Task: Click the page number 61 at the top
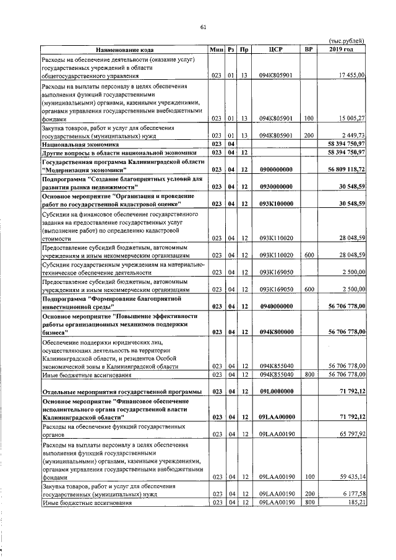click(203, 27)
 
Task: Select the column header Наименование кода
click(124, 50)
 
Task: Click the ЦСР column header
click(276, 50)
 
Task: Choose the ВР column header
click(308, 50)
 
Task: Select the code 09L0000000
click(276, 391)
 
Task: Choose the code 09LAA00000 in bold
click(276, 418)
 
